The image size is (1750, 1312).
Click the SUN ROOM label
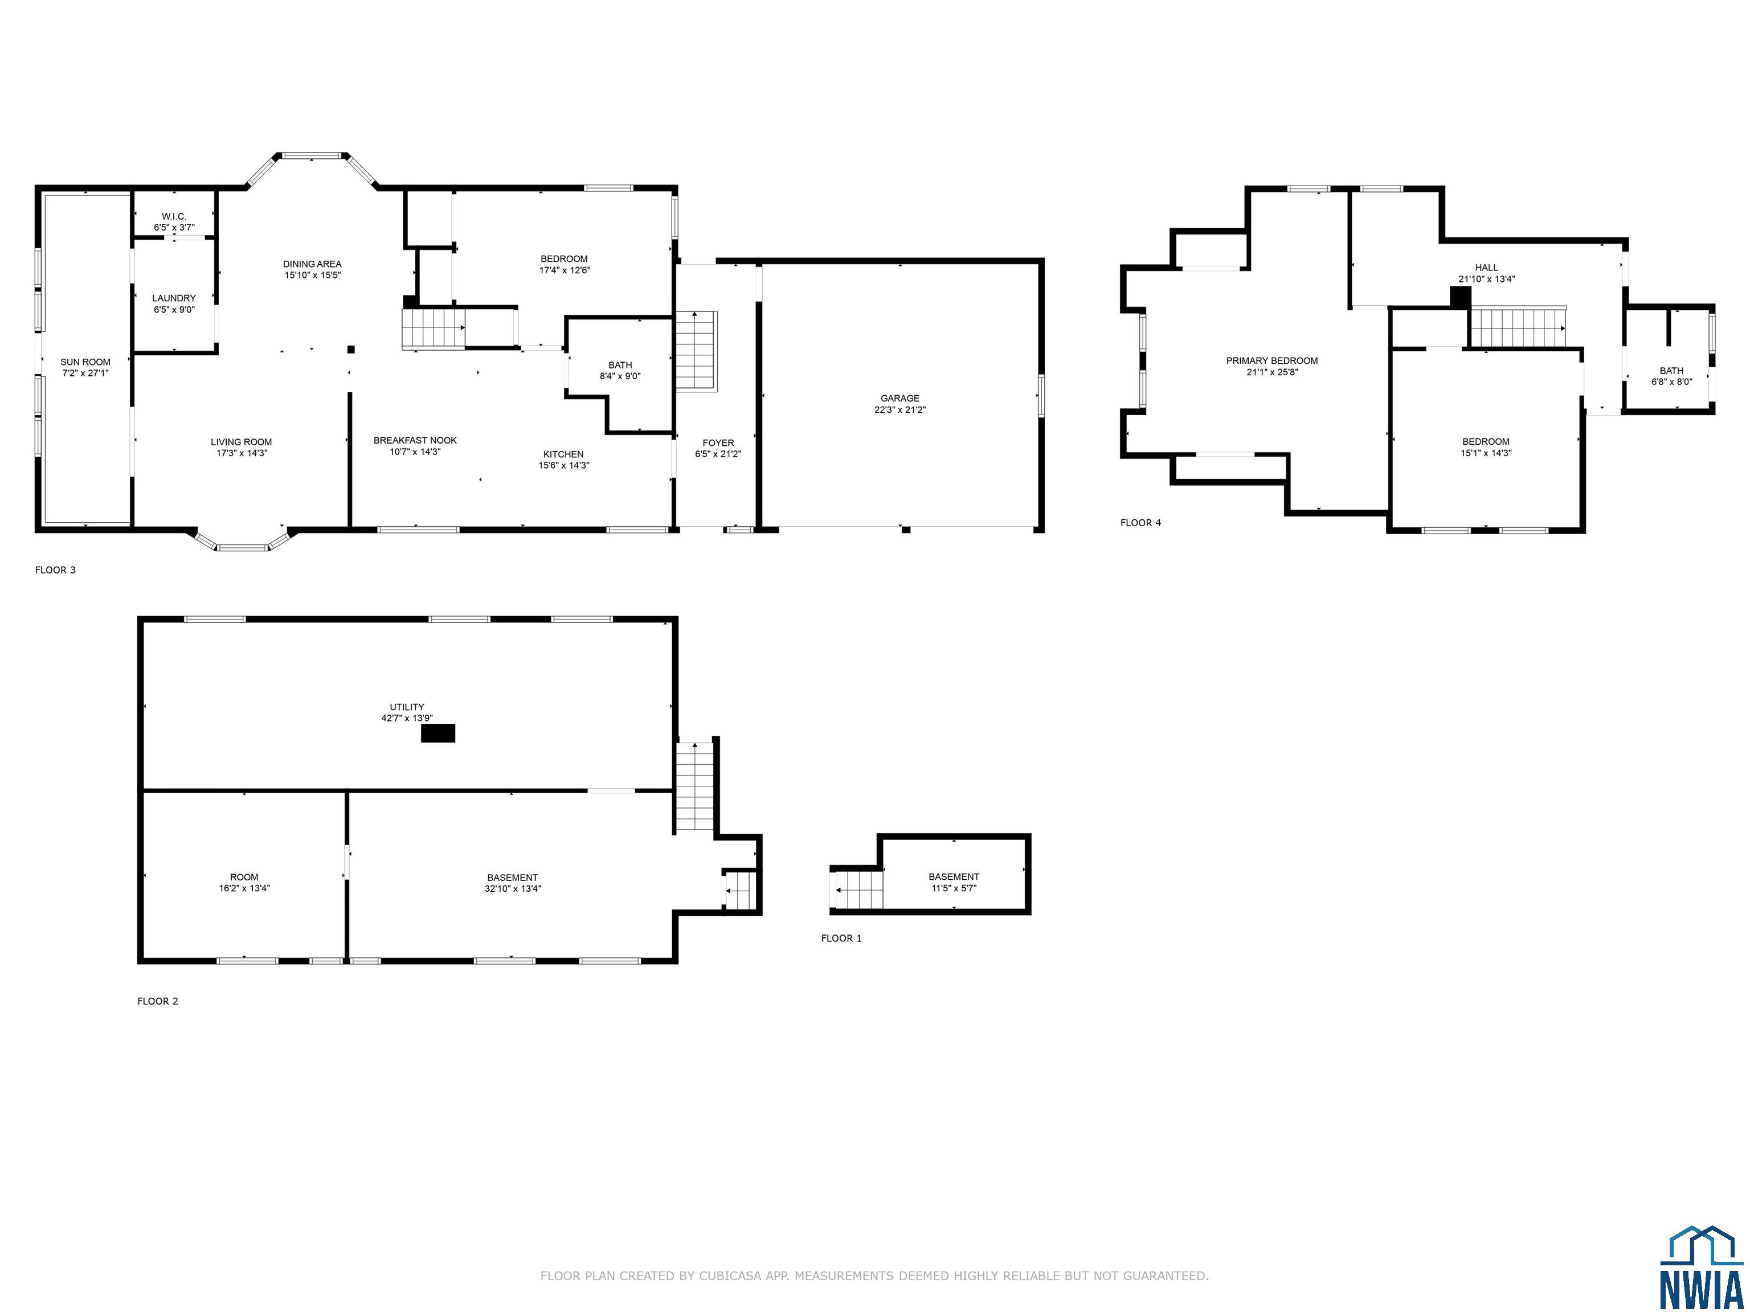click(85, 362)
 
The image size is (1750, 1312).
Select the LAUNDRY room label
click(174, 298)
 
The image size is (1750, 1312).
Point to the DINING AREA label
click(313, 264)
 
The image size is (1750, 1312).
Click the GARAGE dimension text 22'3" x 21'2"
click(900, 409)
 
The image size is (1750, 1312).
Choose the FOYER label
click(718, 443)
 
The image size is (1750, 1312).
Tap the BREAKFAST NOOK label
click(415, 441)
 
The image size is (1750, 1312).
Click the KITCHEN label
click(563, 454)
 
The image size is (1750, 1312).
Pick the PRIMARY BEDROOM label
click(1272, 360)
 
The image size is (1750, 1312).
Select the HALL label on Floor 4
click(1487, 267)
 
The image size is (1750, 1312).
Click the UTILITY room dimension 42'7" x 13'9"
click(407, 718)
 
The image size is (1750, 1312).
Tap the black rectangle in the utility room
click(437, 733)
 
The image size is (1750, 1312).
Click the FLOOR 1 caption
click(841, 938)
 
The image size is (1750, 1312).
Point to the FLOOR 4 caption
click(1141, 523)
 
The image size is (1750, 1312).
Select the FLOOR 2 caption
click(157, 1001)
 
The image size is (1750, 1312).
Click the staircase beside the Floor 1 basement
click(859, 889)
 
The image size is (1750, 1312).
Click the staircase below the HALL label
click(1518, 327)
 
